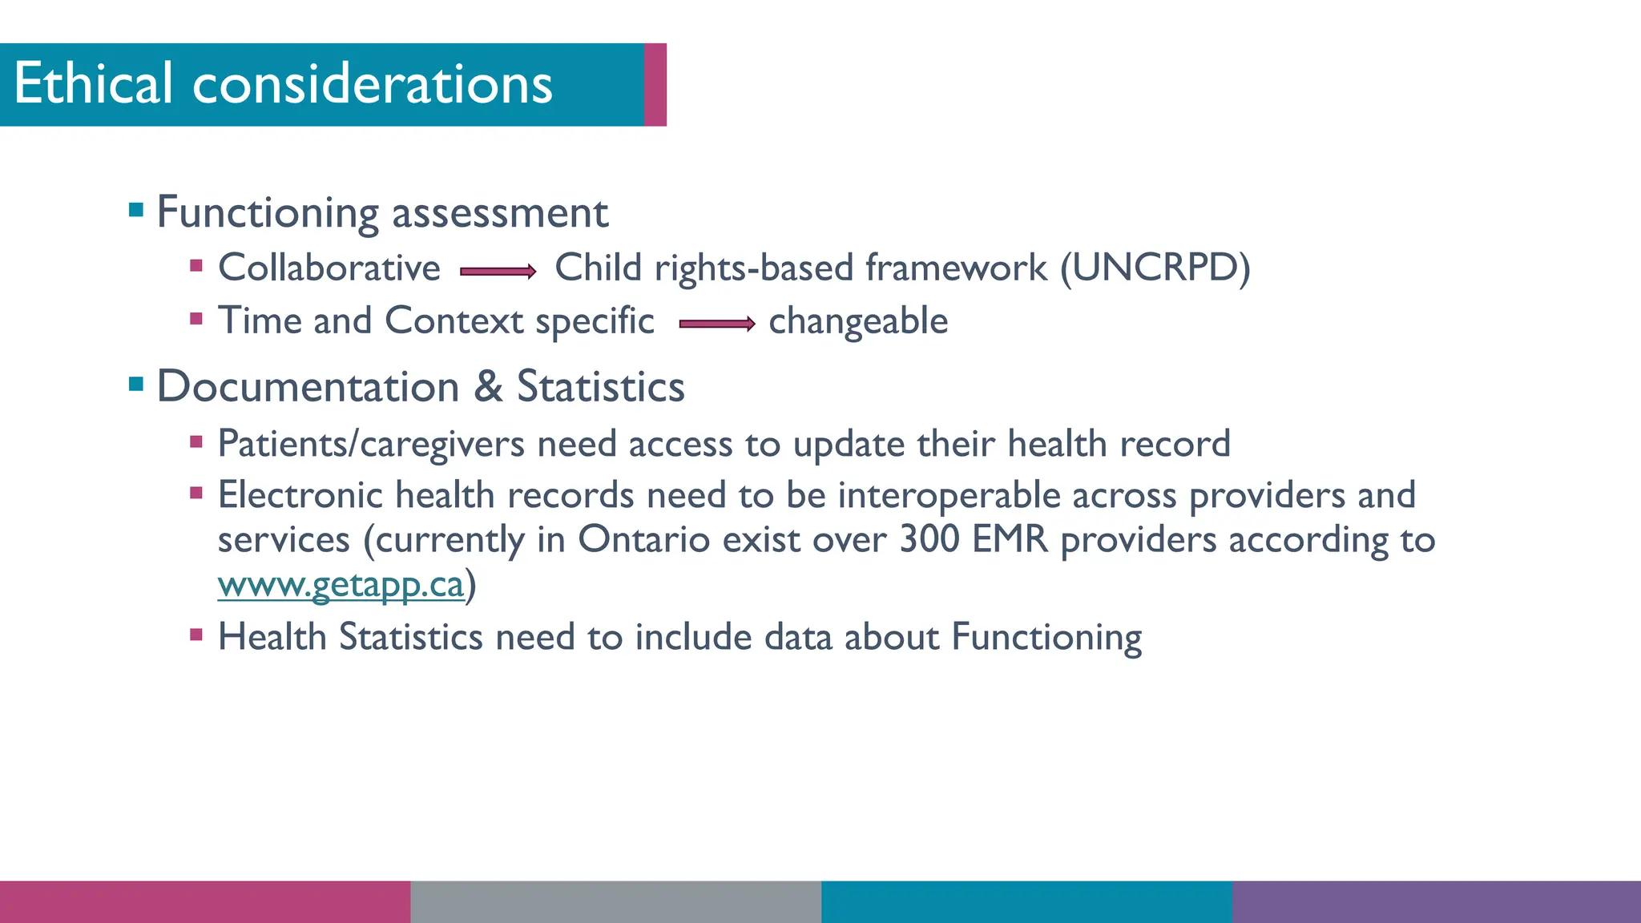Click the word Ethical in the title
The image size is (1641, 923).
(93, 83)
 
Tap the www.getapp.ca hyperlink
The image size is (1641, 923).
(341, 585)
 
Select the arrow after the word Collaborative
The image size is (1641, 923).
(498, 272)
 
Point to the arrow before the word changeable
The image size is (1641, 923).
(716, 324)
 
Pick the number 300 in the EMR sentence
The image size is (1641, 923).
(929, 539)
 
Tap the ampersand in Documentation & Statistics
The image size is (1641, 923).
(488, 386)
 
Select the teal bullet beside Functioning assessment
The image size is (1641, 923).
(136, 211)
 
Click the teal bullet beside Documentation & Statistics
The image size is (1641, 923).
(136, 385)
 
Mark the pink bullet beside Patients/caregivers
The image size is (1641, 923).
(196, 441)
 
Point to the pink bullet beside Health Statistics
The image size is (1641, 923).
(196, 635)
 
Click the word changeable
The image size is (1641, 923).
(858, 321)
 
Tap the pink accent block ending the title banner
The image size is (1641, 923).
(655, 84)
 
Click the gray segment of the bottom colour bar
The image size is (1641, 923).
(615, 902)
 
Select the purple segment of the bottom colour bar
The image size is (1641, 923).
(1436, 902)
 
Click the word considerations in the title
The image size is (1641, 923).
(373, 83)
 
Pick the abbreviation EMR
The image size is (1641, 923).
(1010, 539)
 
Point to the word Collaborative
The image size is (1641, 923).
(329, 268)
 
